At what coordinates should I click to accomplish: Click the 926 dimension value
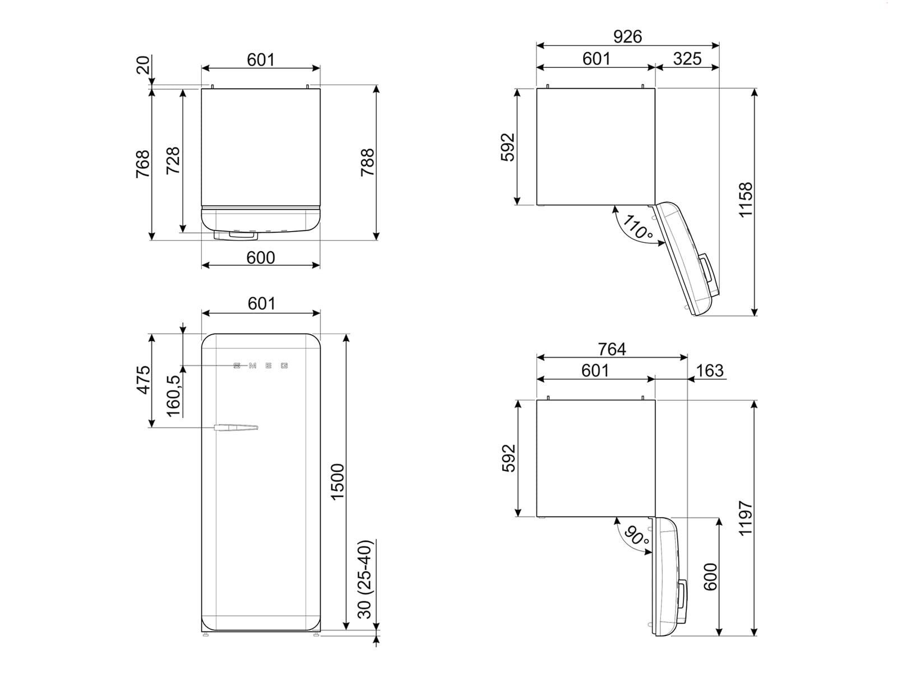click(x=627, y=36)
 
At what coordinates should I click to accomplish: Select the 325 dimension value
click(x=687, y=58)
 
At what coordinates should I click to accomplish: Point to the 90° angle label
click(x=636, y=537)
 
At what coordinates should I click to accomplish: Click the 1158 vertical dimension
click(x=746, y=200)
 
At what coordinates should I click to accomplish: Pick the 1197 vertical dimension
click(x=746, y=519)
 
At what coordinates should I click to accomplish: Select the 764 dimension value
click(x=612, y=349)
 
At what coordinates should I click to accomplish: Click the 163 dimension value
click(x=710, y=371)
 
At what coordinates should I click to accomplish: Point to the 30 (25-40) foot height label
click(x=365, y=579)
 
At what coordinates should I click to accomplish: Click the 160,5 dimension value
click(x=174, y=396)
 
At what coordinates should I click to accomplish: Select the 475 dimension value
click(x=144, y=380)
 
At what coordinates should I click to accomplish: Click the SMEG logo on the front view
click(x=261, y=366)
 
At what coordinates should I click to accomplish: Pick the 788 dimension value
click(x=367, y=163)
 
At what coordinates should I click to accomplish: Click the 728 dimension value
click(x=173, y=160)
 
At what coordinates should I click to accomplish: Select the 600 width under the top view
click(x=261, y=257)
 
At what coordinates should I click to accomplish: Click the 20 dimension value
click(x=144, y=64)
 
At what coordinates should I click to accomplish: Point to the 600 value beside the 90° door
click(x=710, y=577)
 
